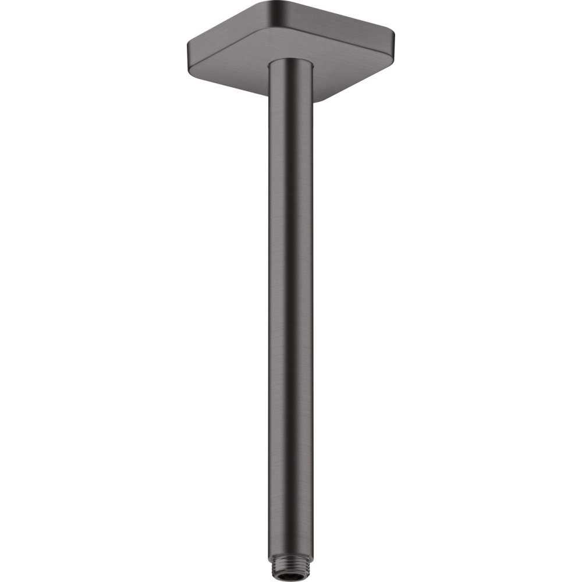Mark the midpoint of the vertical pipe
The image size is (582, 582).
[291, 314]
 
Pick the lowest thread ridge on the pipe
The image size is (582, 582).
[291, 574]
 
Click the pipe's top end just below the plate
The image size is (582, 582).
[291, 73]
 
